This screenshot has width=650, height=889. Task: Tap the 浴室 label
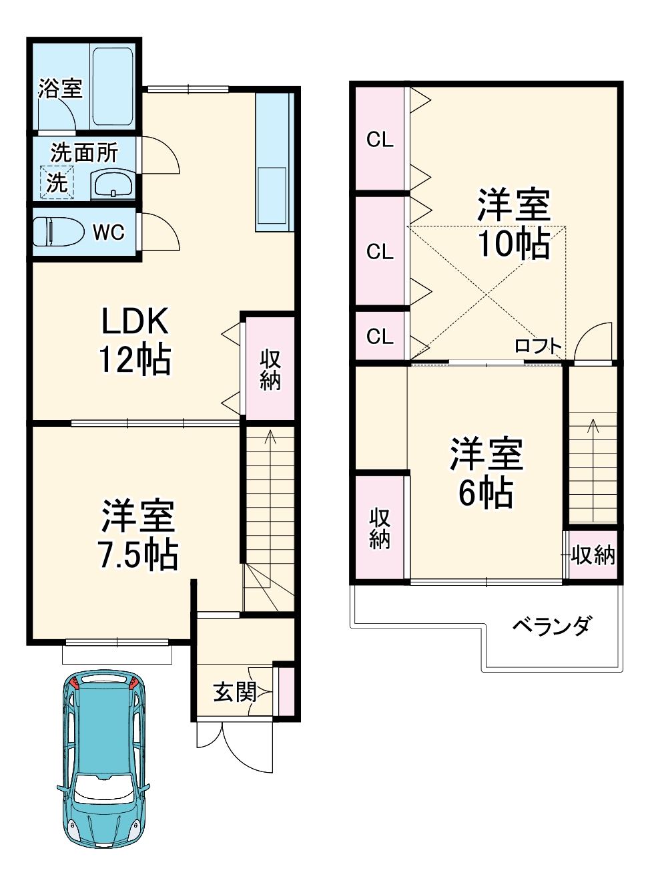tap(60, 88)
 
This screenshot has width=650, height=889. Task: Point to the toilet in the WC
tap(57, 232)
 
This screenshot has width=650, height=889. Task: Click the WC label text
tap(108, 232)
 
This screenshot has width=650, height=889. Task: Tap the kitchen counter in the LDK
tap(274, 162)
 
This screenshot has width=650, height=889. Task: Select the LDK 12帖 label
tap(135, 341)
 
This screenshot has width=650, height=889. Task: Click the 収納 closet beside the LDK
tap(270, 369)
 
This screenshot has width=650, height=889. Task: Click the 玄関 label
tap(235, 692)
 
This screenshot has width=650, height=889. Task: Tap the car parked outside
tap(103, 757)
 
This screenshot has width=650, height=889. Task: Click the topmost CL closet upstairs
tap(380, 139)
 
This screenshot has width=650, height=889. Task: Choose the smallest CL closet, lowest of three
tap(380, 337)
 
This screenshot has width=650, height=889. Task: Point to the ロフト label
tap(538, 345)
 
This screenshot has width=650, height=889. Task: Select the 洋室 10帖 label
tap(513, 224)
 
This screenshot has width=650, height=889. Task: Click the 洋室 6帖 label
tap(486, 473)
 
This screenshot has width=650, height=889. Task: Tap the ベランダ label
tap(551, 627)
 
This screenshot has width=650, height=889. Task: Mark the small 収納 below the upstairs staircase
tap(593, 555)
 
